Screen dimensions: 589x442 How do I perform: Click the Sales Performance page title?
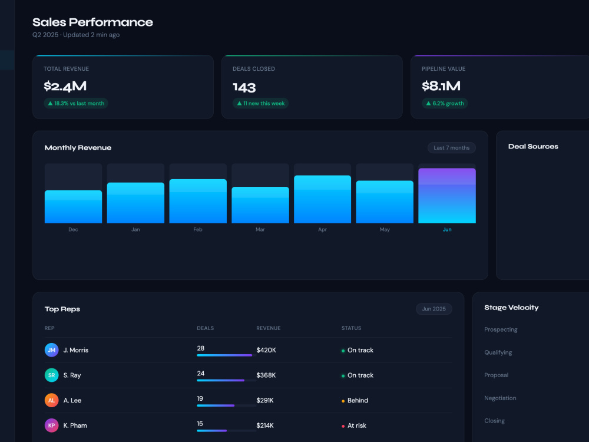92,22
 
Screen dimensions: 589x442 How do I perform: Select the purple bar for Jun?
447,196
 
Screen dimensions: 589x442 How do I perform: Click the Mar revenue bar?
260,205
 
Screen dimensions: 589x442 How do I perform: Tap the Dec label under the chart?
73,229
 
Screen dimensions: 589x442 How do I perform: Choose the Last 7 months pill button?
452,148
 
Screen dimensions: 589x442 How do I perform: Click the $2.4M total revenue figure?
65,86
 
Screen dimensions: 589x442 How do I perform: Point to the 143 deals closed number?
244,88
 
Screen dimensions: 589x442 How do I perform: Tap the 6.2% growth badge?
445,103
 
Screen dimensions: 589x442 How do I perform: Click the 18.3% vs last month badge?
76,103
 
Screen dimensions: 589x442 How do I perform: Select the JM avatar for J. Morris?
51,350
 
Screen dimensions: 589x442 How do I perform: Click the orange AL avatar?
51,400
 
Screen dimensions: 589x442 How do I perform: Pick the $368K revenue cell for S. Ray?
266,375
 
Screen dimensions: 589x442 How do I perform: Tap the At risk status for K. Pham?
354,425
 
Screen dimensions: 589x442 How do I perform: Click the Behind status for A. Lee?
355,400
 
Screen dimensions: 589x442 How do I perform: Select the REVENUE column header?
268,328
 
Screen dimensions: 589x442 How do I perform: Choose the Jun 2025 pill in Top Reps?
434,309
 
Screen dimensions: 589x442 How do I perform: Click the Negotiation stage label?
500,398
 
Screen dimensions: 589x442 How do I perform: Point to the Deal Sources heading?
533,147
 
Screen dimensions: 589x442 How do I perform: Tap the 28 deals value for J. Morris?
201,348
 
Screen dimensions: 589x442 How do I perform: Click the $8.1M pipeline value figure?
441,86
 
